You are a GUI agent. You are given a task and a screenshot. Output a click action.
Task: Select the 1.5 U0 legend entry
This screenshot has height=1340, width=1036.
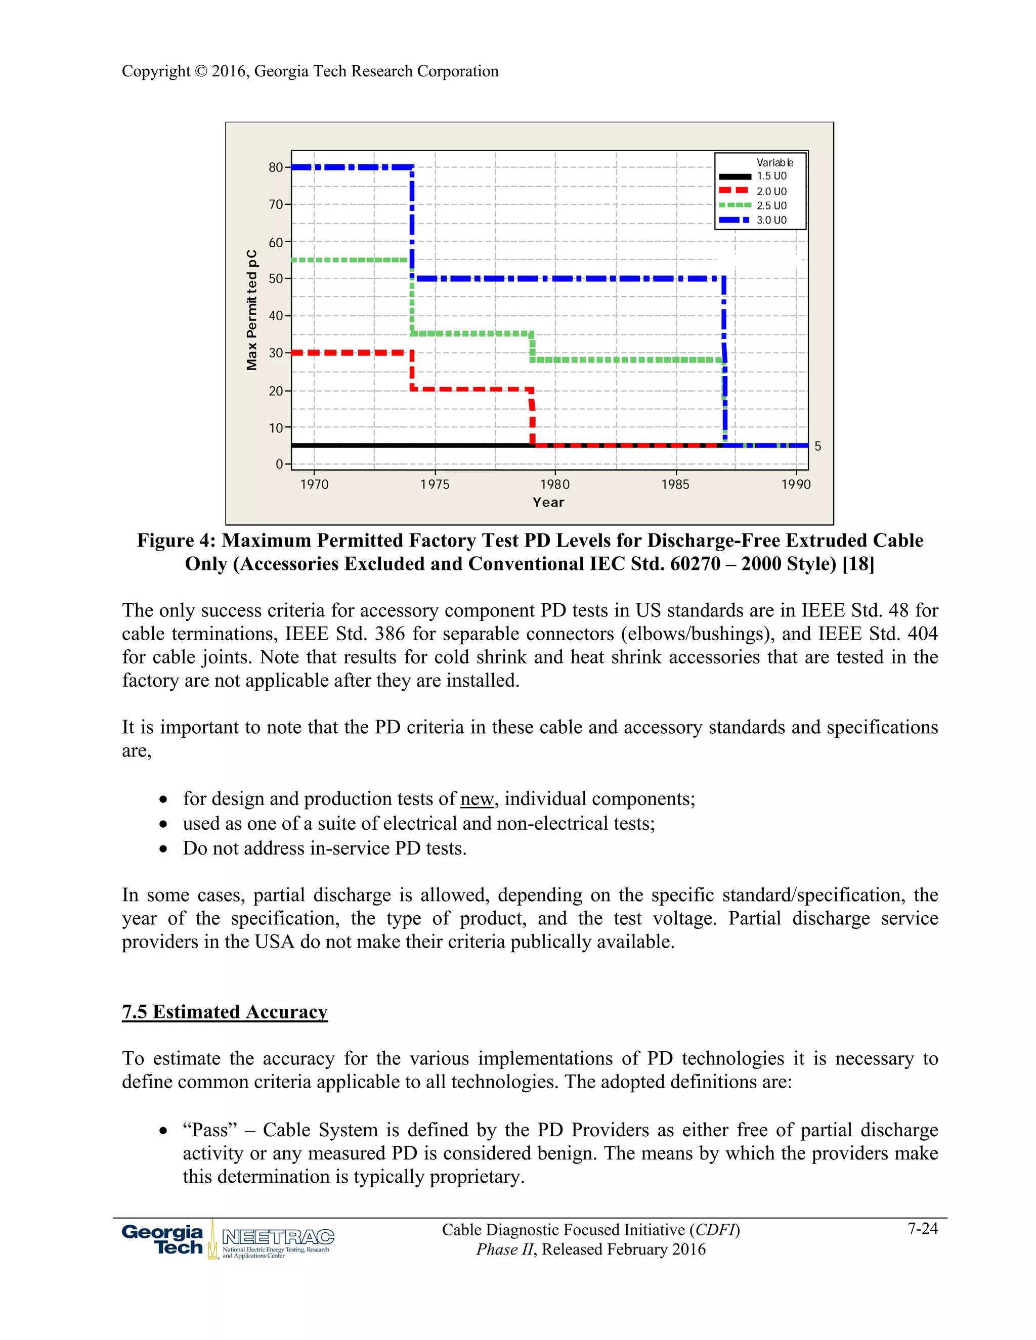tap(771, 176)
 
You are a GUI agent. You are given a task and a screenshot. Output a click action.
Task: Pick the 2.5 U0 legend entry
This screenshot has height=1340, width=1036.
tap(771, 205)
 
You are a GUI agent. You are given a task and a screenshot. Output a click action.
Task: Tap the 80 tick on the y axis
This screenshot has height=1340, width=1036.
tap(276, 167)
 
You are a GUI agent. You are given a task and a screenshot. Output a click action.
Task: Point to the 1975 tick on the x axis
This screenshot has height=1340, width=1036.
tap(435, 484)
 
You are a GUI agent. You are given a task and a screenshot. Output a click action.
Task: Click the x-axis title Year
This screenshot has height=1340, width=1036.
tap(548, 502)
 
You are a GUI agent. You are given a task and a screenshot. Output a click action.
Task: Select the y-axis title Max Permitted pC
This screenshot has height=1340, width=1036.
tap(251, 310)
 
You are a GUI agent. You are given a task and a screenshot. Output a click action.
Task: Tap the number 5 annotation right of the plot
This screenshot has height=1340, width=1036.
tap(817, 446)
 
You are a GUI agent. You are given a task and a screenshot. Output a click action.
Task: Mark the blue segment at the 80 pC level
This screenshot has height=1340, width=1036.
tap(351, 167)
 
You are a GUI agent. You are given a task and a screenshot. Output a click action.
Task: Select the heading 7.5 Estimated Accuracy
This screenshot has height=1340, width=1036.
tap(225, 1012)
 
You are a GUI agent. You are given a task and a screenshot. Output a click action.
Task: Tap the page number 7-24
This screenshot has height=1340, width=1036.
tap(923, 1229)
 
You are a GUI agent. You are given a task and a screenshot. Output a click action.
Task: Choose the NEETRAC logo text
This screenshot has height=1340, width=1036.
tap(278, 1236)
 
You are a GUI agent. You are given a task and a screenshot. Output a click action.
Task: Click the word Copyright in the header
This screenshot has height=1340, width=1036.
tap(156, 71)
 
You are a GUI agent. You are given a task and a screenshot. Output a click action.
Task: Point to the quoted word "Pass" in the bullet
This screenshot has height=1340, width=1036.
tap(210, 1130)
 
